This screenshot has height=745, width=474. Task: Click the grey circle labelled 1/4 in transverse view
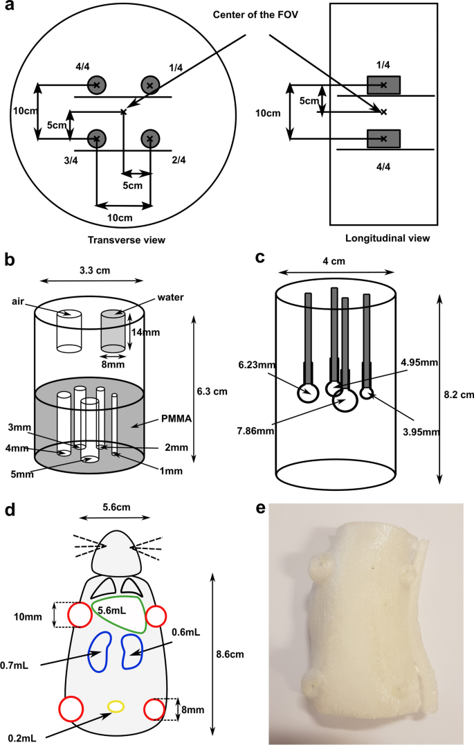click(150, 84)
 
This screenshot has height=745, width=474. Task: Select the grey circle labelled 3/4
click(96, 138)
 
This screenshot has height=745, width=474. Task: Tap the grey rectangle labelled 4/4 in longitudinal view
click(383, 138)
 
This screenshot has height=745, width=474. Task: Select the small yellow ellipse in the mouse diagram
click(116, 706)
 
